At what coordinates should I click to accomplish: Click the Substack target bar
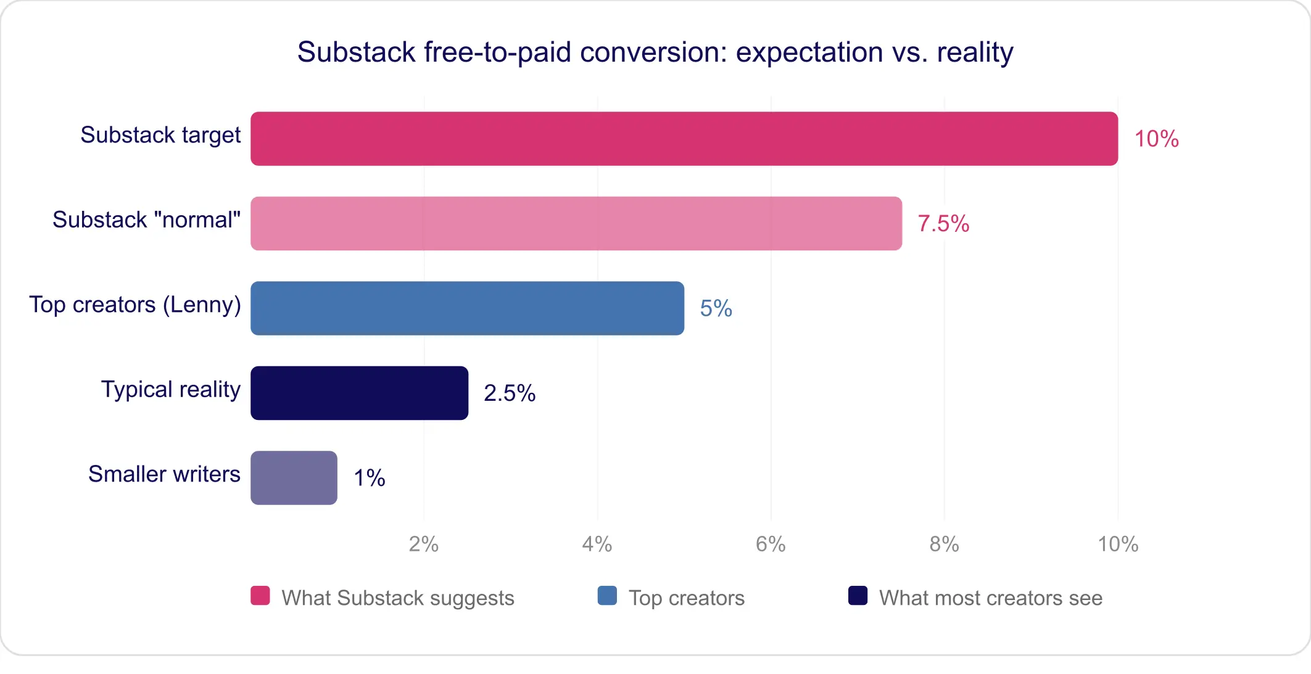[x=684, y=139]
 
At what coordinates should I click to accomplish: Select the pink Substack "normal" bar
[x=576, y=223]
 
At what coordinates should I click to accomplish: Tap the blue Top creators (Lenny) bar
[x=467, y=308]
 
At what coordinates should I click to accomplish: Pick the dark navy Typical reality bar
[x=359, y=393]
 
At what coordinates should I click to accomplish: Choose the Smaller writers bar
[x=294, y=478]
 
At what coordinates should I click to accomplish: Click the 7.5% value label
[x=943, y=224]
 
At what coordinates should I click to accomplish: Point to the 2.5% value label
[x=509, y=393]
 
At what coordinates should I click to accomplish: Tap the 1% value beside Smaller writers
[x=369, y=478]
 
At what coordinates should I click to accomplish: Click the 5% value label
[x=716, y=308]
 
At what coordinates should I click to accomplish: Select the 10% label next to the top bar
[x=1156, y=139]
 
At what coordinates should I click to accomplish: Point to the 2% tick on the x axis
[x=423, y=544]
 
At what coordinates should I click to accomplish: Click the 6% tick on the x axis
[x=771, y=544]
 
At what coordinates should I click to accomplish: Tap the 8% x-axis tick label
[x=944, y=544]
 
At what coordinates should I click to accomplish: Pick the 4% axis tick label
[x=597, y=544]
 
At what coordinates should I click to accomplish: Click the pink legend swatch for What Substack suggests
[x=260, y=596]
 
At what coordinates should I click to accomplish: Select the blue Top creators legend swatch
[x=607, y=596]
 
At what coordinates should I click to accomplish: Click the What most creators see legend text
[x=990, y=598]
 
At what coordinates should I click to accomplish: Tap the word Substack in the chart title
[x=356, y=52]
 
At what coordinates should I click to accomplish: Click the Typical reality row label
[x=170, y=390]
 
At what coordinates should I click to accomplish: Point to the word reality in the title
[x=975, y=52]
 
